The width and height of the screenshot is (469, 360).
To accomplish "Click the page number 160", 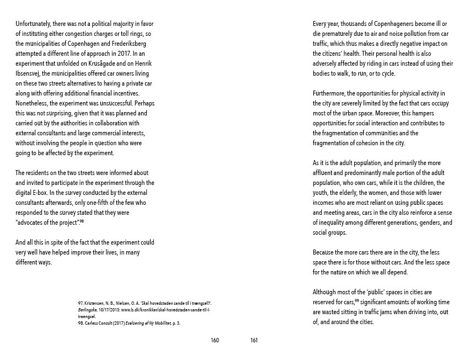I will pos(215,340).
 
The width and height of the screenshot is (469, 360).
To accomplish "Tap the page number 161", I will pos(254,340).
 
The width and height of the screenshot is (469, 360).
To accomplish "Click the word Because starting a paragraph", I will pos(326,253).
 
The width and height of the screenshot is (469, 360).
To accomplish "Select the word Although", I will pos(326,292).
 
